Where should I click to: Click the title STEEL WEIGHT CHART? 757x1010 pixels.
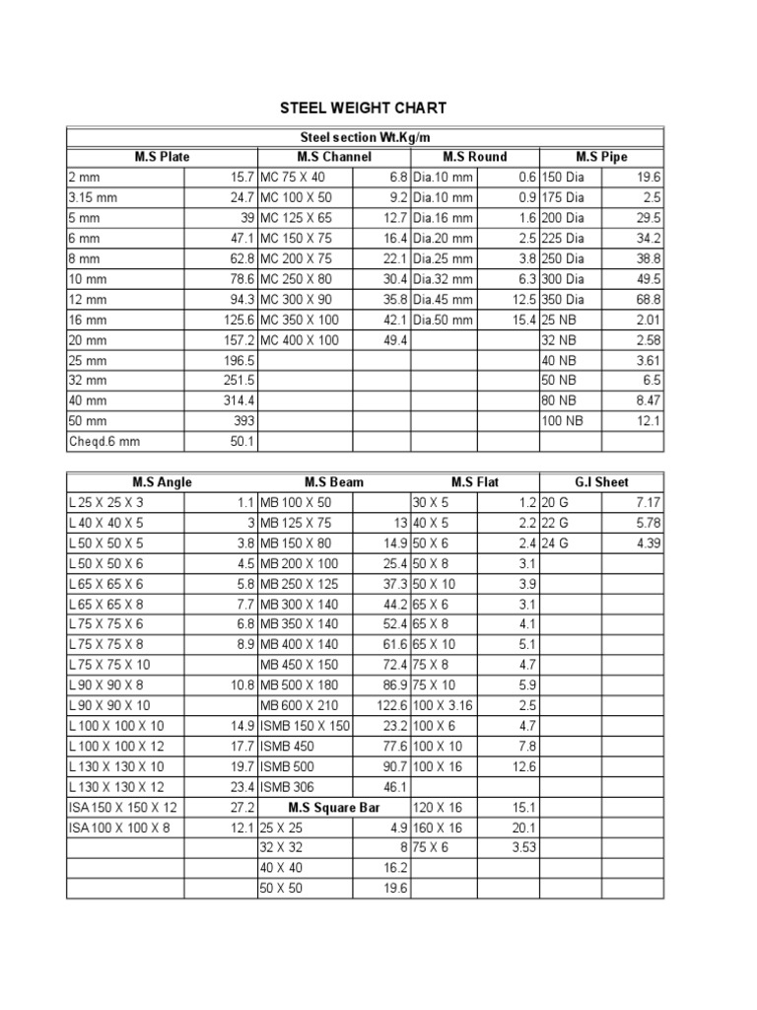365,107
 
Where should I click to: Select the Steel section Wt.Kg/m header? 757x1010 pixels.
365,137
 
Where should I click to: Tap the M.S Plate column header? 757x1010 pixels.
163,157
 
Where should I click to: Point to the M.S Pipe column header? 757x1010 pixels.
601,157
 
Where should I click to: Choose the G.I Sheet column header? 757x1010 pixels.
601,482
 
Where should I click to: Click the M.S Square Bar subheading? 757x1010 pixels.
334,807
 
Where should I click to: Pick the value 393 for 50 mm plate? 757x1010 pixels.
241,421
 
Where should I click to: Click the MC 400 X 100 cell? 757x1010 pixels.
299,340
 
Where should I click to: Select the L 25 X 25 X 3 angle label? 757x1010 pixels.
109,502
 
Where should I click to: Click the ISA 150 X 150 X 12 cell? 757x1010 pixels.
123,807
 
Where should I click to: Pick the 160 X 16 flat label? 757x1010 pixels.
437,828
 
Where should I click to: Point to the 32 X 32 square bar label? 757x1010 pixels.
280,847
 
